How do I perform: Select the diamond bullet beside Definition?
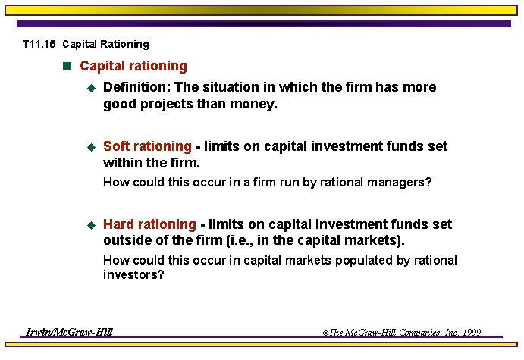coord(90,88)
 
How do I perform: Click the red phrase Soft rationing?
coord(147,146)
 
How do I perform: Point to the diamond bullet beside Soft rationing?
coord(90,147)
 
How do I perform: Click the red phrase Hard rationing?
coord(149,224)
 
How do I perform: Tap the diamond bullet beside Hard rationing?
coord(90,225)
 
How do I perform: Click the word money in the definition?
coord(256,104)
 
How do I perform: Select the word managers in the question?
coord(399,182)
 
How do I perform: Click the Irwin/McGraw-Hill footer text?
coord(69,332)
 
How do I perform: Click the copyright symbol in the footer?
coord(325,333)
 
